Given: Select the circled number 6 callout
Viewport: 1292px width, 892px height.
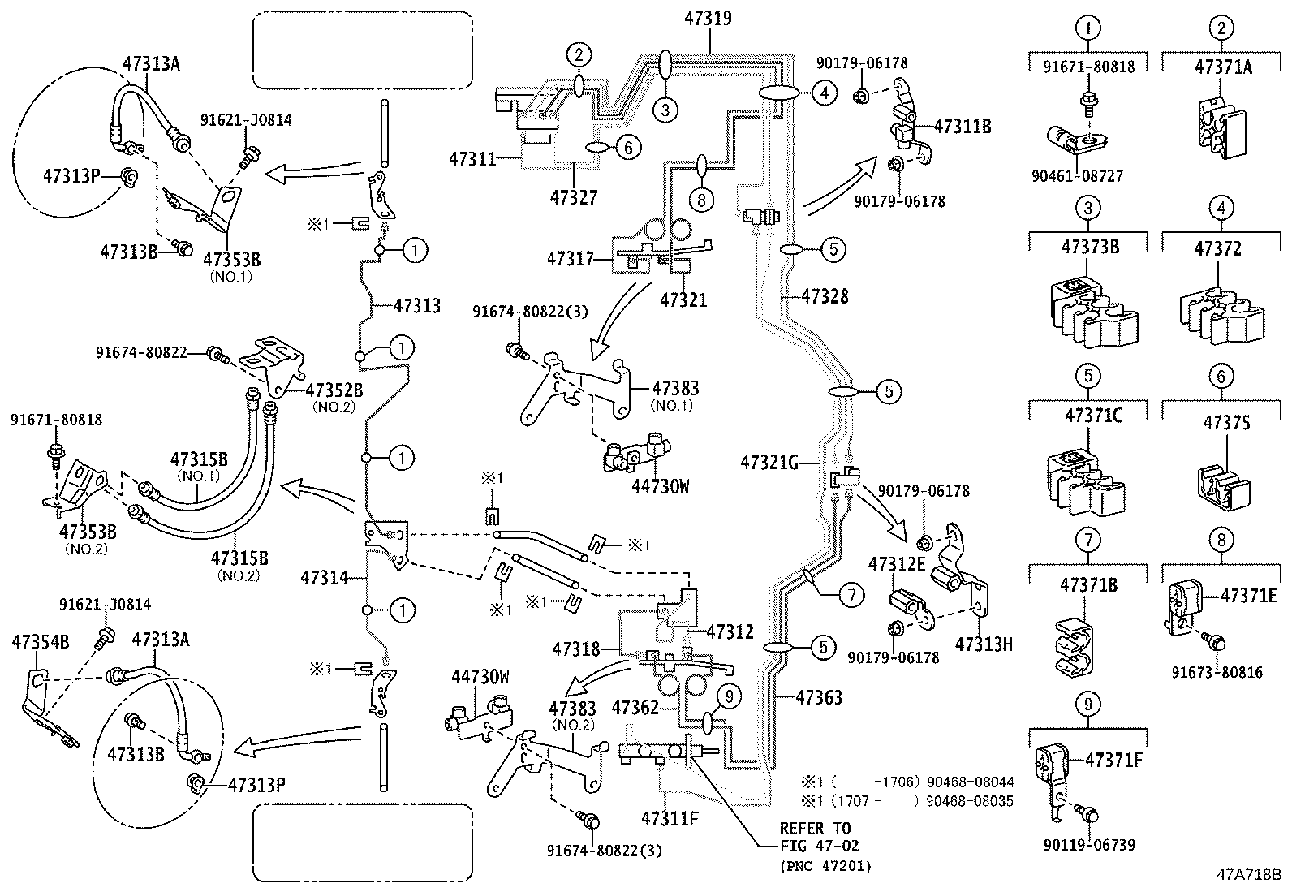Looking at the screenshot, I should point(628,147).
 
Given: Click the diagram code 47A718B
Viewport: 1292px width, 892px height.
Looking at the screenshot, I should point(1247,875).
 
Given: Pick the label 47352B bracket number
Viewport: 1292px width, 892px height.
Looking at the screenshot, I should point(334,390).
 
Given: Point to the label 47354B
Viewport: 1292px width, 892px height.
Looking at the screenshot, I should point(40,642).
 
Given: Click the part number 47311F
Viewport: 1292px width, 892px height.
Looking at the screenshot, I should point(669,818).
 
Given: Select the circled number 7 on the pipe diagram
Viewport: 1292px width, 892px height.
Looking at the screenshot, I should point(851,596).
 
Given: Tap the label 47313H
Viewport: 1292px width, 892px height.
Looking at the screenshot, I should point(984,644).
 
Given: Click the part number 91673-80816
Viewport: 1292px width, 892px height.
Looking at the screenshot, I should point(1217,672).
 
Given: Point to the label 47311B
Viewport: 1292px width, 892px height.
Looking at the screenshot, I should point(963,127).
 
